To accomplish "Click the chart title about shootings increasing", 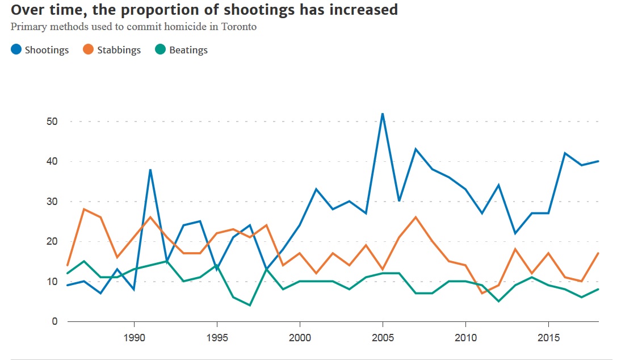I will (204, 10).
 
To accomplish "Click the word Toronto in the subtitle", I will (241, 27).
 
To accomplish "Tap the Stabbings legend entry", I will (112, 50).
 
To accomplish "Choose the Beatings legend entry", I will (182, 50).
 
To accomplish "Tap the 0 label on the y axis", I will (55, 321).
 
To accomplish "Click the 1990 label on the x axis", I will (134, 338).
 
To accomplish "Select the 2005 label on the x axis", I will (383, 338).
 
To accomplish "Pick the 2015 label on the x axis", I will (548, 338).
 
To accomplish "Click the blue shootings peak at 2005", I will (383, 114).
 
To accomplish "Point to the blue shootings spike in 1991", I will (150, 170).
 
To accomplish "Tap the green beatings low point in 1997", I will (250, 305).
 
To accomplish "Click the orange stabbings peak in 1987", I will (84, 210).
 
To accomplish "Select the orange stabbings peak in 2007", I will (416, 217).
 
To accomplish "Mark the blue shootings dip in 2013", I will (515, 233).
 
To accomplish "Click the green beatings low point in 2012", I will (498, 301).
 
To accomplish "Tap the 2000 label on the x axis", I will (300, 338).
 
